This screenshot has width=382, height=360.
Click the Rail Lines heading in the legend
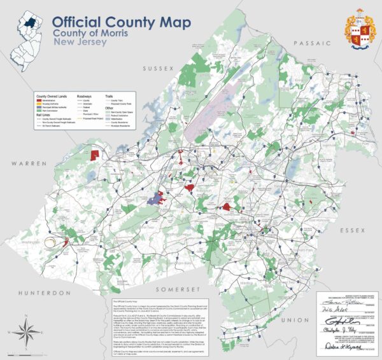point(43,115)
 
